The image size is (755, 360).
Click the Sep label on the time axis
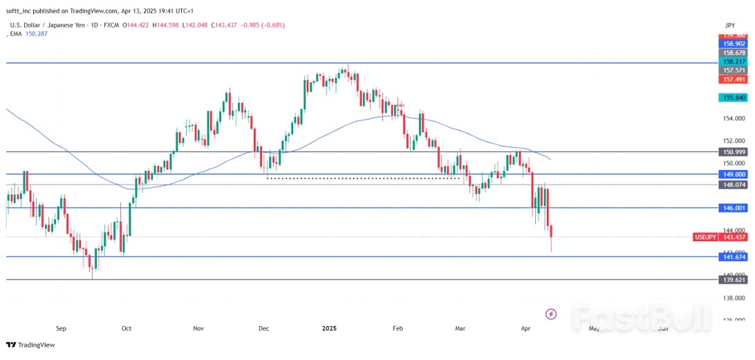point(61,329)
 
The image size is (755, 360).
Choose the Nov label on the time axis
point(199,329)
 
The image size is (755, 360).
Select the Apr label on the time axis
point(525,329)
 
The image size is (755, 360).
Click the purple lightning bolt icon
point(551,314)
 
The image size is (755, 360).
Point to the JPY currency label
point(731,24)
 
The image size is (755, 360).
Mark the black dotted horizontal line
point(363,178)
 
